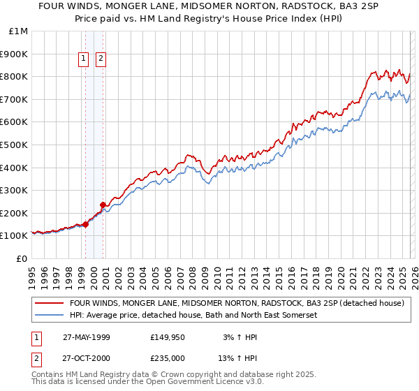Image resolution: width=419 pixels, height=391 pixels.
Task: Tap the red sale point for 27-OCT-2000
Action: point(103,205)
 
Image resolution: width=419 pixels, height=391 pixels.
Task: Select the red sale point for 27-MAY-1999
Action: point(86,224)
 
